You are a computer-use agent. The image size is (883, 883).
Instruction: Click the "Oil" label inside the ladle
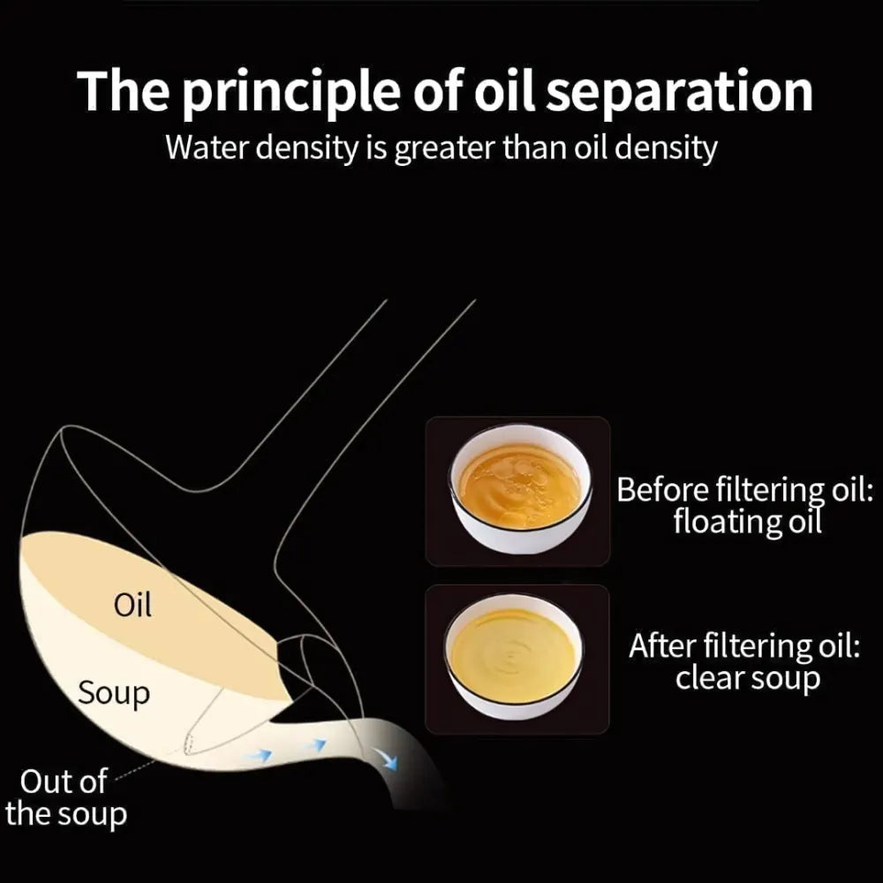click(133, 606)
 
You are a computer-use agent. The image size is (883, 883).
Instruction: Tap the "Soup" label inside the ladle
click(114, 693)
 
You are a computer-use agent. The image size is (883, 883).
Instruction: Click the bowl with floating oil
click(519, 488)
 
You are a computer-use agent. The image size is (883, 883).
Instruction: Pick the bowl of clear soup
click(514, 656)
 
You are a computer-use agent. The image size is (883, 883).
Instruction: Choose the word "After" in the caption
click(660, 646)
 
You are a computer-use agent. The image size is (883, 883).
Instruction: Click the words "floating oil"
click(747, 522)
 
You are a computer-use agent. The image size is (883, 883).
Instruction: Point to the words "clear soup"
click(747, 679)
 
